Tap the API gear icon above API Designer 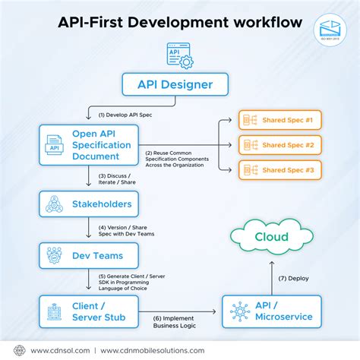click(x=179, y=55)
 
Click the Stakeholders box click(x=90, y=204)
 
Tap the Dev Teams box click(x=90, y=255)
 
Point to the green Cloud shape click(x=270, y=236)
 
